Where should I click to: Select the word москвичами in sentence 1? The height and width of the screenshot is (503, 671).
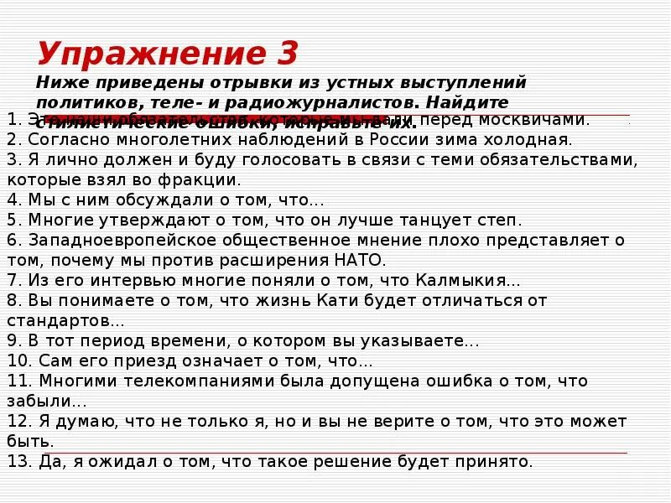tap(540, 119)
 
